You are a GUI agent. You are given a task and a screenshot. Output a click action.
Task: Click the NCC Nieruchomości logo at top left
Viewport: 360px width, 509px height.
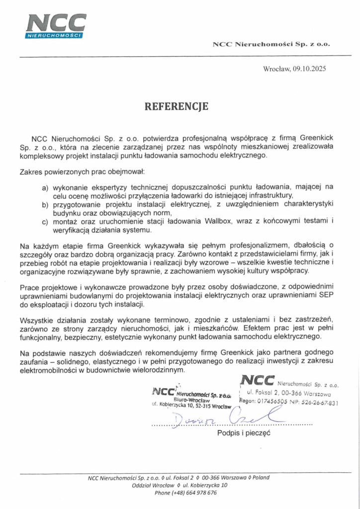click(56, 25)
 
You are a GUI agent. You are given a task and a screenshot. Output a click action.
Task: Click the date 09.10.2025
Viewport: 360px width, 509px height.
click(309, 69)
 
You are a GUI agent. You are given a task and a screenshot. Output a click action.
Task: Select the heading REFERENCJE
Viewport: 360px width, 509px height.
click(177, 106)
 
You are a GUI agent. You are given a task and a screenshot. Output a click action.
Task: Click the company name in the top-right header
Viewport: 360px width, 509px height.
click(271, 44)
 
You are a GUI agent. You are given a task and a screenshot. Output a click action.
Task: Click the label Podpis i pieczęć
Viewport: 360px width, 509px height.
click(243, 433)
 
